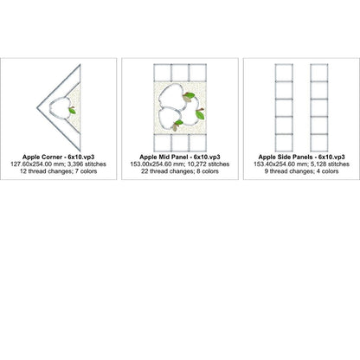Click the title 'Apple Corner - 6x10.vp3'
tap(59, 157)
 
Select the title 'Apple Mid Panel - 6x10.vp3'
tap(180, 157)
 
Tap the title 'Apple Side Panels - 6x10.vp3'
tap(301, 157)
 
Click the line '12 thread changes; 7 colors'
tap(59, 171)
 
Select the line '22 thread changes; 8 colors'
tap(180, 171)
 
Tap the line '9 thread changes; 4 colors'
tap(301, 171)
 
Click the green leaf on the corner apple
tap(73, 111)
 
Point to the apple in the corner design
tap(60, 108)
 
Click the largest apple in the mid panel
tap(171, 96)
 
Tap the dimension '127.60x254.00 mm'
tap(35, 164)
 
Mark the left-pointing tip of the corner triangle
tap(37, 108)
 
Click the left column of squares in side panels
tap(284, 108)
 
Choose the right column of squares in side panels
tap(319, 108)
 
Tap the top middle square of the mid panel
tap(180, 73)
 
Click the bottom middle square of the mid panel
tap(180, 143)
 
